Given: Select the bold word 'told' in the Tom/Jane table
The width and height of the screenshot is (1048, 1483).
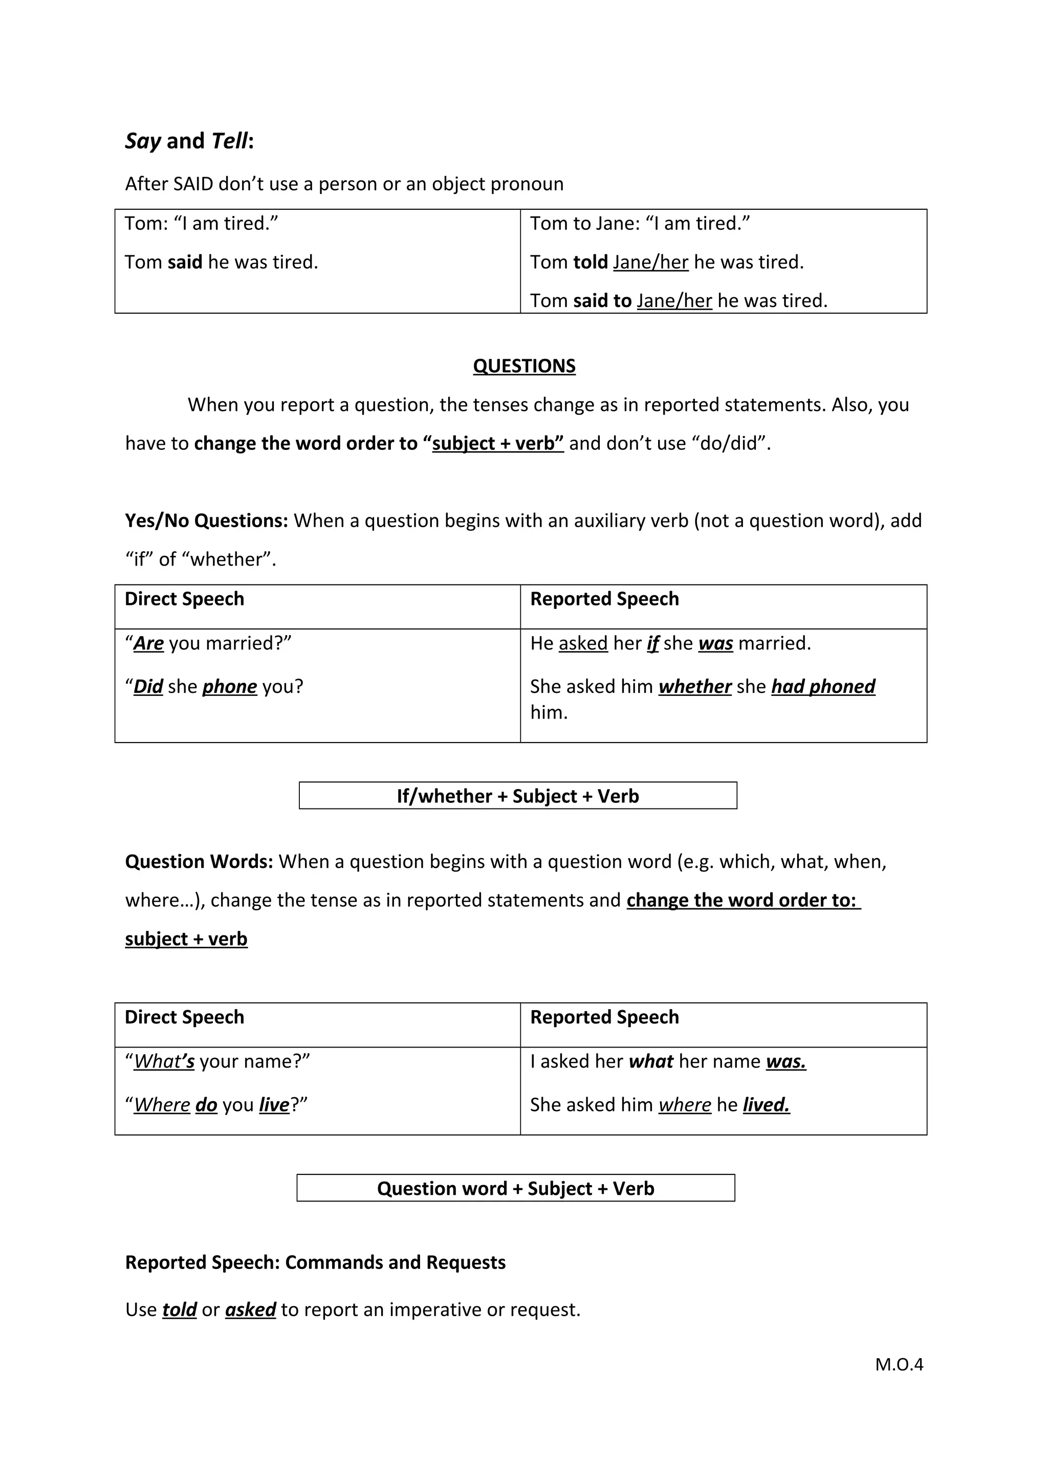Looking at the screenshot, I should [590, 262].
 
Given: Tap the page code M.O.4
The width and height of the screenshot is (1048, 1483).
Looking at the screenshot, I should [899, 1364].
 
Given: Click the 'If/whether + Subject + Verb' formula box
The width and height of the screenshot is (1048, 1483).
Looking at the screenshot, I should [517, 796].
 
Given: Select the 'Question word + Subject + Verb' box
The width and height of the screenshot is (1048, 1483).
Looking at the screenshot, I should [515, 1188].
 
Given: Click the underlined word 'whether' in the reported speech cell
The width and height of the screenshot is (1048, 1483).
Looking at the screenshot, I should [694, 687].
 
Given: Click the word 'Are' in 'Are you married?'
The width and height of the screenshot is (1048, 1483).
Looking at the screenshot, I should [148, 643].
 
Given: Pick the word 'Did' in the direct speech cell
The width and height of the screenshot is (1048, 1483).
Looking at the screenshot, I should [148, 687].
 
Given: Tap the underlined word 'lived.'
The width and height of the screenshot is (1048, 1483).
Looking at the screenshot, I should [766, 1105].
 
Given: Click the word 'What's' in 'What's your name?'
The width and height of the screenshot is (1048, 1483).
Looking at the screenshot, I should [164, 1062].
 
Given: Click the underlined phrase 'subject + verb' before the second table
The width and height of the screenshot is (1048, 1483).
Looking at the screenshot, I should [186, 939].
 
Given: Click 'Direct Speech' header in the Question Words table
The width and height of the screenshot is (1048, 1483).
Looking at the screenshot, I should [185, 1017].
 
